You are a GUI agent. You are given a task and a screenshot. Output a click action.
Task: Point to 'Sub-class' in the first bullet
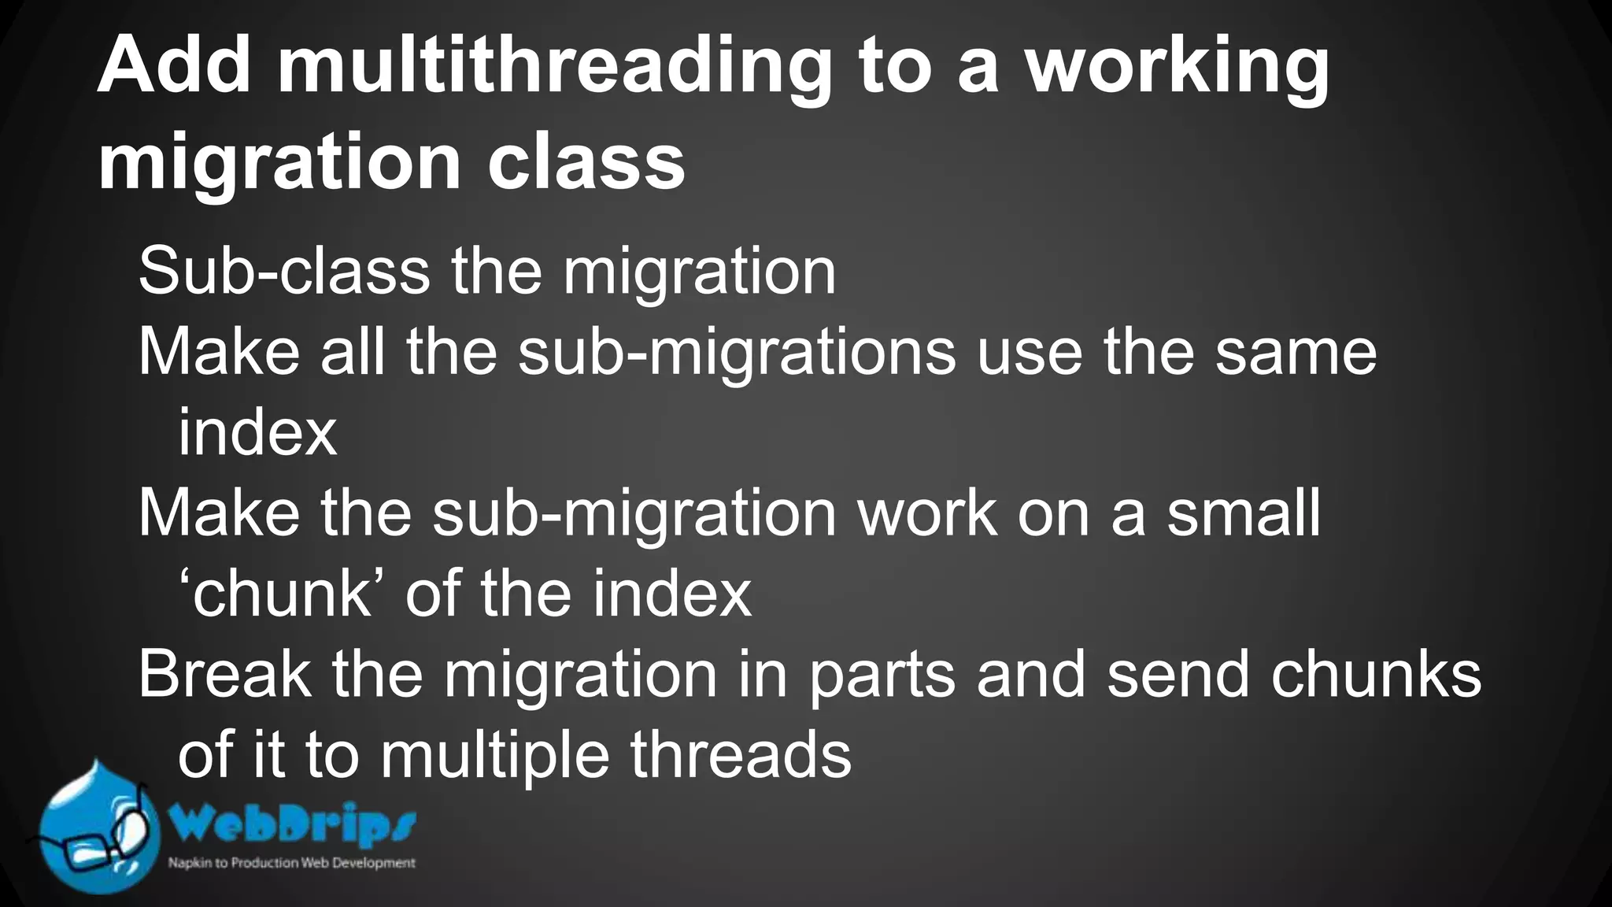[283, 272]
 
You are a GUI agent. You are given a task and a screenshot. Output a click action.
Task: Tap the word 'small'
[1244, 513]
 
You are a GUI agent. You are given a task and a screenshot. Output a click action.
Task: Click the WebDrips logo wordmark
[292, 826]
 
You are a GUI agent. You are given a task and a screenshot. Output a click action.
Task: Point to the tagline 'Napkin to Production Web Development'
[291, 863]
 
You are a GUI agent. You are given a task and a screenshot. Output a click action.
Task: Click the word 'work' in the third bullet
[926, 513]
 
